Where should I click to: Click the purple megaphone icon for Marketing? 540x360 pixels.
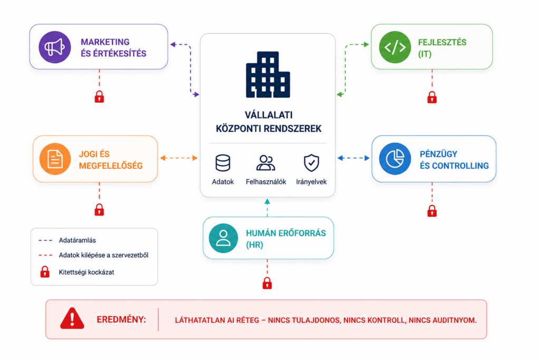(55, 47)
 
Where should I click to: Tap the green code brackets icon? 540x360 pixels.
(394, 47)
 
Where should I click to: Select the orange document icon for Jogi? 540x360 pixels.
(55, 159)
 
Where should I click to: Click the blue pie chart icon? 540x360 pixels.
(394, 159)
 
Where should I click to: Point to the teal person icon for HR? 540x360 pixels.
(223, 238)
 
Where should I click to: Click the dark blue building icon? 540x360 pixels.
(268, 75)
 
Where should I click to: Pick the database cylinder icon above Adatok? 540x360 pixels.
(223, 163)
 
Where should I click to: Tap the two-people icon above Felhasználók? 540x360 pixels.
(266, 163)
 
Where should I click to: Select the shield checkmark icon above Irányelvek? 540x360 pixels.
(311, 163)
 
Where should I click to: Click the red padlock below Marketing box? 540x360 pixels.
(99, 96)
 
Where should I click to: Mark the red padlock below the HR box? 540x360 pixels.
(267, 283)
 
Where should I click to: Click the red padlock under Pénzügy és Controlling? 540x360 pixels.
(432, 211)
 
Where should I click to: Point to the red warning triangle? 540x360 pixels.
(72, 318)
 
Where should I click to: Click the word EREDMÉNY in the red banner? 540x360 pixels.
(121, 320)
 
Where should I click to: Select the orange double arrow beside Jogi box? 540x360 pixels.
(179, 158)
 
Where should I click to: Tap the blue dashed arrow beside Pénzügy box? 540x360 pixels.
(353, 158)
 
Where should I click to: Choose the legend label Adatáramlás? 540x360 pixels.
(77, 240)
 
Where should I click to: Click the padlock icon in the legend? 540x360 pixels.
(45, 271)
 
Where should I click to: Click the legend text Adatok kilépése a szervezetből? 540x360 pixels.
(104, 255)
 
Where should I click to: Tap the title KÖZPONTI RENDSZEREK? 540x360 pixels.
(268, 129)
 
